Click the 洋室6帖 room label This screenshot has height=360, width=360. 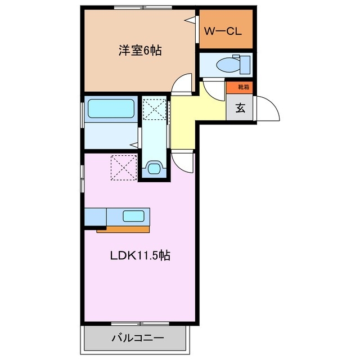139,51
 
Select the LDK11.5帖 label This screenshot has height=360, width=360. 139,255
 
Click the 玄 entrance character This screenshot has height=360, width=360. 240,108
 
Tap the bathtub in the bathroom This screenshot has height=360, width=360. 111,109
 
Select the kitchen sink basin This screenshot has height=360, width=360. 133,215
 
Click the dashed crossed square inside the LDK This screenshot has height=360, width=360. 124,168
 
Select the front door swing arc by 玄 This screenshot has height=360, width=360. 268,109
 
